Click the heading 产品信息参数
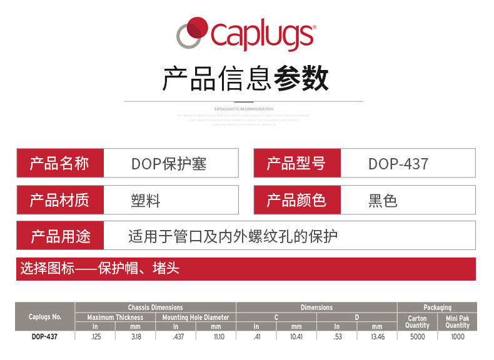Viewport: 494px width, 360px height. (246, 79)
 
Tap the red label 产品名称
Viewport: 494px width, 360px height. (60, 164)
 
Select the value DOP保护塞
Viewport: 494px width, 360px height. (169, 164)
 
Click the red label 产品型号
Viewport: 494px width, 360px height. (297, 164)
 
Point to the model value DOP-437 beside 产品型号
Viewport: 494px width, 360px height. (398, 164)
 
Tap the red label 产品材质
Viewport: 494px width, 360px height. (60, 200)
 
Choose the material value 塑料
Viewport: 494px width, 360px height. (146, 201)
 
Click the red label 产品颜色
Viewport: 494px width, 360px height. (297, 200)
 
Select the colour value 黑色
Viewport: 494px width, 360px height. (383, 201)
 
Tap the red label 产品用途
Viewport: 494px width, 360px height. (60, 236)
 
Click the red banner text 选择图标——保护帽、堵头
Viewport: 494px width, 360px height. (100, 269)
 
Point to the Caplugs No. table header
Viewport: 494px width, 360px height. (45, 317)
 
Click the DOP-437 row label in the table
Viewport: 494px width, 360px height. (45, 336)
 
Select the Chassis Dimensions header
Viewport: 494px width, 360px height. (155, 307)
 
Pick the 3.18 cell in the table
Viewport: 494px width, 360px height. (135, 336)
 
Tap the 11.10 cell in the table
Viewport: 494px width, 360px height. (216, 336)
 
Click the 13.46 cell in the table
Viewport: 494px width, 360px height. (376, 336)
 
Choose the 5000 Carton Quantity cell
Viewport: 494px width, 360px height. (417, 336)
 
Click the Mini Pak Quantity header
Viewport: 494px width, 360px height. (457, 322)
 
